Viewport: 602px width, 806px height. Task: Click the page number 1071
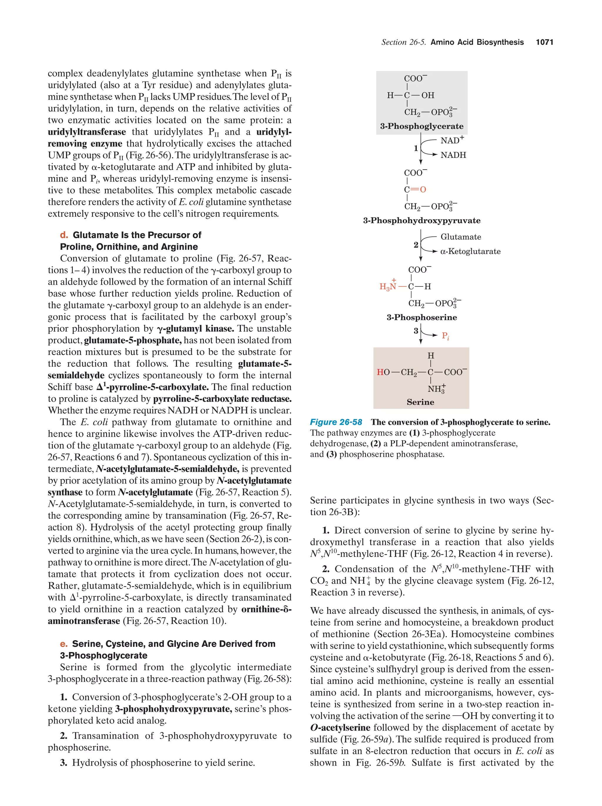click(x=544, y=42)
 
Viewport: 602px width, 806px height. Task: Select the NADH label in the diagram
click(x=453, y=155)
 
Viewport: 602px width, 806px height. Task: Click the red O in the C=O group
click(x=423, y=189)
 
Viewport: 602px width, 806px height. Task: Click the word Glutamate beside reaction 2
click(x=461, y=237)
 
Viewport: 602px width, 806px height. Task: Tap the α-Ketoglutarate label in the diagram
click(x=470, y=251)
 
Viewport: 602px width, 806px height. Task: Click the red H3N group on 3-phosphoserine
click(x=388, y=286)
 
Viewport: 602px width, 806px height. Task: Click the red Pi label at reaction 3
click(x=445, y=336)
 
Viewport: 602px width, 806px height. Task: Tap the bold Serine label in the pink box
click(x=420, y=402)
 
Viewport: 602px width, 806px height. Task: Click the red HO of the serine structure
click(x=383, y=372)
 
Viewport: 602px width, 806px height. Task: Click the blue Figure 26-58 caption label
click(x=336, y=422)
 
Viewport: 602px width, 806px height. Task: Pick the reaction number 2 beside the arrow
click(x=416, y=245)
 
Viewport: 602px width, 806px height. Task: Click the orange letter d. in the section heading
click(x=64, y=235)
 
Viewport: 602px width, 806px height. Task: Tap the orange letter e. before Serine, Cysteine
click(x=64, y=644)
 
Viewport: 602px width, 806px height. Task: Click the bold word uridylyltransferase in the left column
click(x=87, y=132)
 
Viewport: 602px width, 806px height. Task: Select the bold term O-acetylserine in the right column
click(x=340, y=728)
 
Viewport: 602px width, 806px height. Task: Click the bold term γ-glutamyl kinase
click(x=195, y=329)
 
